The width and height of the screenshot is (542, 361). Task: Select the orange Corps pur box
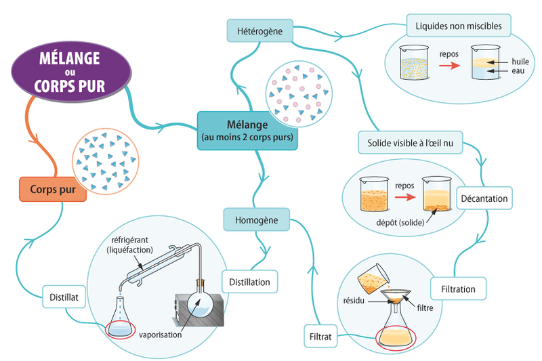click(x=53, y=189)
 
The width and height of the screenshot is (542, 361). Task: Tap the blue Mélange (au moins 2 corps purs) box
click(x=249, y=128)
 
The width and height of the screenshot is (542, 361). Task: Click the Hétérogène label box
click(x=259, y=30)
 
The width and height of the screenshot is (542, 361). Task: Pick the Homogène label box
click(x=255, y=219)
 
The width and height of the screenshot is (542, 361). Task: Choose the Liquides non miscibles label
click(x=458, y=26)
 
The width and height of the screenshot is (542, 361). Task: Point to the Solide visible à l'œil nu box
click(x=410, y=143)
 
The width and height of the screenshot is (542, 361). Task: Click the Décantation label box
click(x=484, y=198)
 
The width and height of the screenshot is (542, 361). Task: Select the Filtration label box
click(x=458, y=289)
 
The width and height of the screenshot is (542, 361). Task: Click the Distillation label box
click(x=249, y=281)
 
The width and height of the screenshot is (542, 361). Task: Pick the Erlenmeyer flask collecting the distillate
click(x=121, y=318)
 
